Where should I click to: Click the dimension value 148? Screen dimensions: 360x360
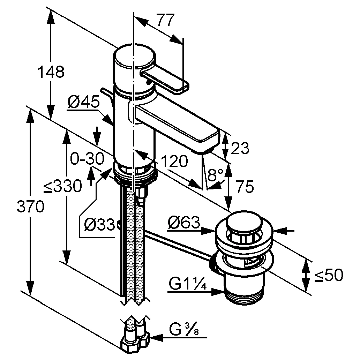[x=51, y=72]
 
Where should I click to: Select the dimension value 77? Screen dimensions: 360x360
[x=164, y=21]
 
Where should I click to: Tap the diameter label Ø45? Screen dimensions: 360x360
[x=84, y=103]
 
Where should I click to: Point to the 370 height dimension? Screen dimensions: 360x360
[x=31, y=207]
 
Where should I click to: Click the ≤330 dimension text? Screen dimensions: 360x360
[x=63, y=187]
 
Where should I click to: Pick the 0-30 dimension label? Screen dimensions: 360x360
[x=87, y=159]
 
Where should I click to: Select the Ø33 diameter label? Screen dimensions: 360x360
[x=99, y=225]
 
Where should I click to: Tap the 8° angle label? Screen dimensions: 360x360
[x=215, y=174]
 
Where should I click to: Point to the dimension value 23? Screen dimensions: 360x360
[x=240, y=149]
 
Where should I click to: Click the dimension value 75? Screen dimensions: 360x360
[x=244, y=187]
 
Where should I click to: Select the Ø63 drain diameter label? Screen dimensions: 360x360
[x=183, y=222]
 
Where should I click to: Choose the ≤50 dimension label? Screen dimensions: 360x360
[x=328, y=276]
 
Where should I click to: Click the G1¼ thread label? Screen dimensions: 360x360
[x=188, y=284]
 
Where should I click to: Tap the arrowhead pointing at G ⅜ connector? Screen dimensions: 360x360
[x=156, y=337]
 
